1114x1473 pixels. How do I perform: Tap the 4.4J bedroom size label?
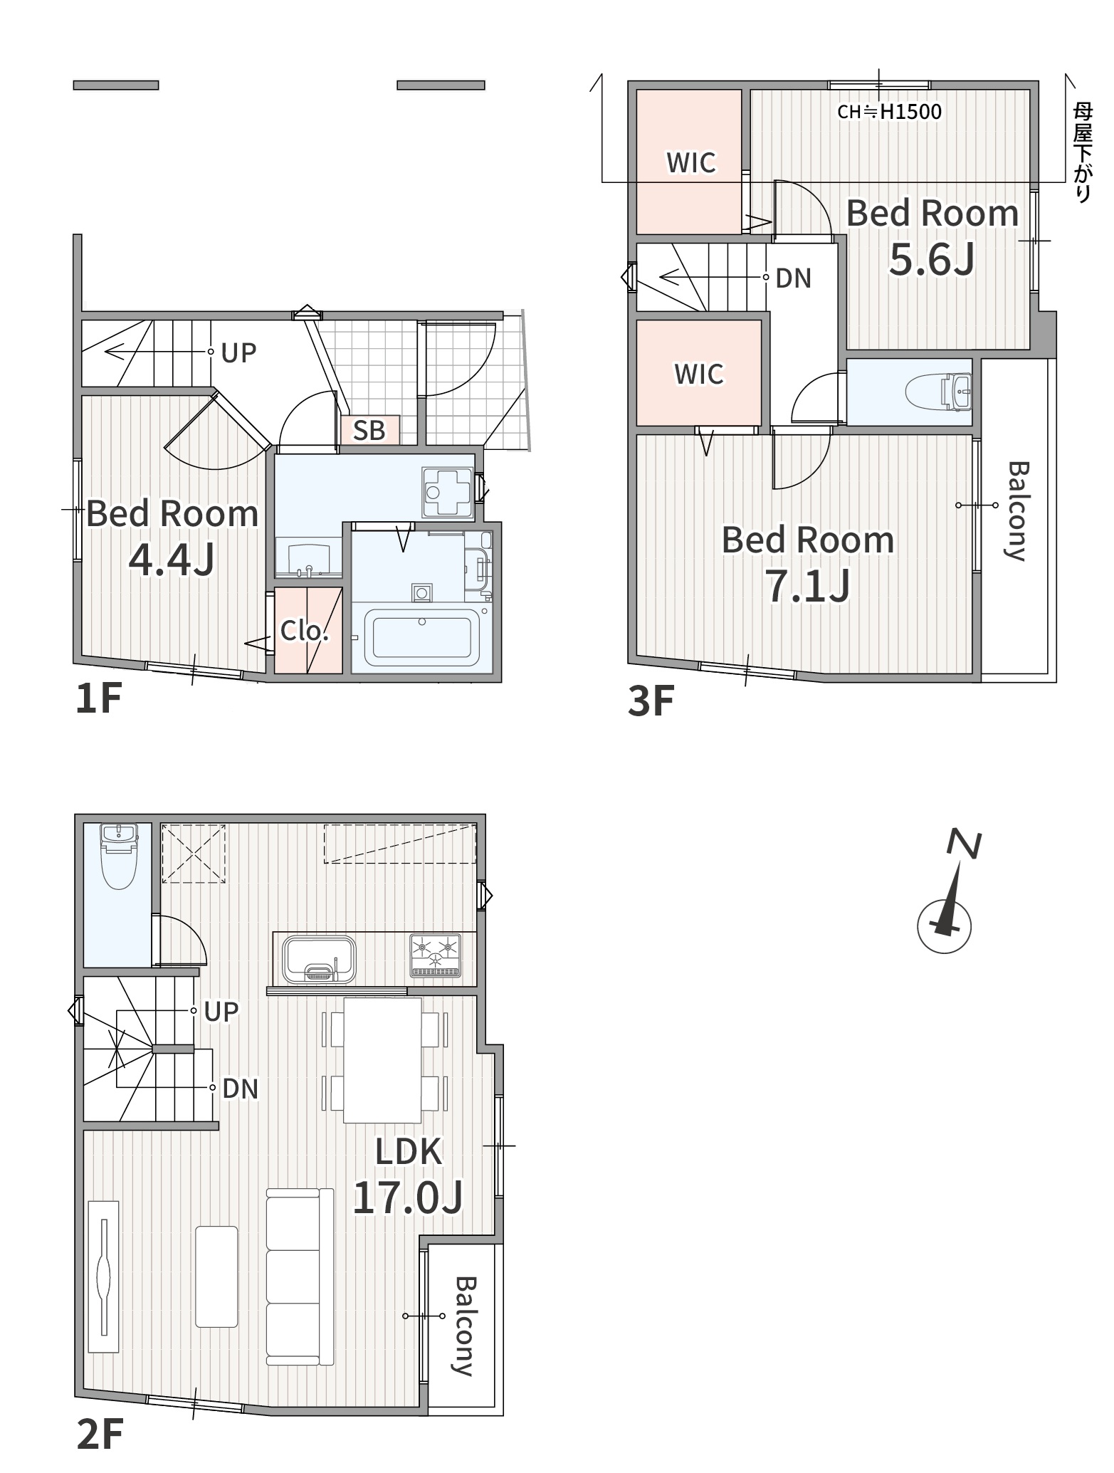pyautogui.click(x=172, y=560)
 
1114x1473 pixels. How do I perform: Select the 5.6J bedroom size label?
pyautogui.click(x=932, y=259)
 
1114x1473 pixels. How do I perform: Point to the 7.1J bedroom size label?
pyautogui.click(x=808, y=586)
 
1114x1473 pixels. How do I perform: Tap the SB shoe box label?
pyautogui.click(x=369, y=430)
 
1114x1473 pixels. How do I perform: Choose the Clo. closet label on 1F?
pyautogui.click(x=305, y=631)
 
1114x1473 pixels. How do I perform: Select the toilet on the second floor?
pyautogui.click(x=118, y=857)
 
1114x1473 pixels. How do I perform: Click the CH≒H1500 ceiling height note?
pyautogui.click(x=889, y=112)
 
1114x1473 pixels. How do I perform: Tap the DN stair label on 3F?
pyautogui.click(x=794, y=278)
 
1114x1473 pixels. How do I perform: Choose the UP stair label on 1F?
pyautogui.click(x=238, y=352)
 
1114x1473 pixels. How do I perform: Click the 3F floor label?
pyautogui.click(x=651, y=701)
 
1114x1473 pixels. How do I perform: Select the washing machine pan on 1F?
pyautogui.click(x=448, y=493)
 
